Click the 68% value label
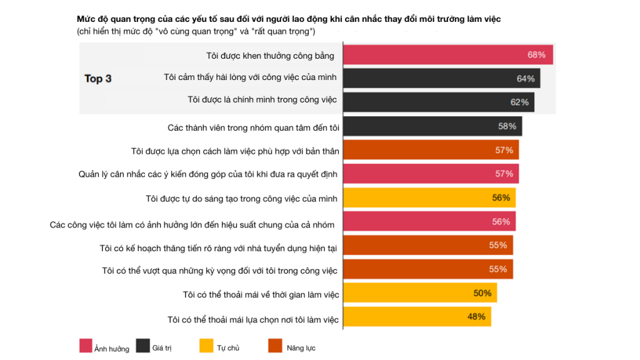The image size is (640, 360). point(536,55)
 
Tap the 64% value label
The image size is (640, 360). point(526,79)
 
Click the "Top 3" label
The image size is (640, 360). point(98,79)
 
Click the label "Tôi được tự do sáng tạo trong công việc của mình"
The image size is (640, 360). point(241,199)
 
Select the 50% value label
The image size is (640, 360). point(482,293)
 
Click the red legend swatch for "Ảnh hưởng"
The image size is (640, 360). point(86,346)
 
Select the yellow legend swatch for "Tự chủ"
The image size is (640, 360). point(206,346)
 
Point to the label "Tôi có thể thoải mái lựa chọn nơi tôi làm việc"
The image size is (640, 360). point(253,319)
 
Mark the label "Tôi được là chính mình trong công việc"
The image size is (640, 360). point(262,99)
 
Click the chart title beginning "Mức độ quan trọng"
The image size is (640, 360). point(289,19)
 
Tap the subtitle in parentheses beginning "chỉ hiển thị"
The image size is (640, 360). point(196,31)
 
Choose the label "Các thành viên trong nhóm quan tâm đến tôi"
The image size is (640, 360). point(253,127)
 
